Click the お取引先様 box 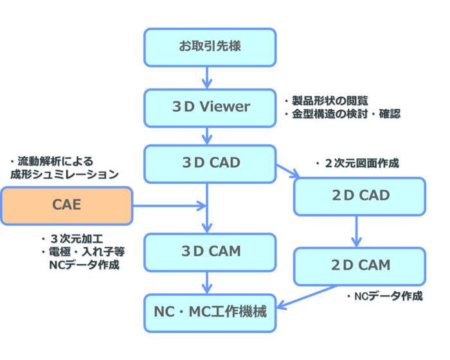tap(210, 47)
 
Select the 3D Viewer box tap(210, 107)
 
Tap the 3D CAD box tap(210, 163)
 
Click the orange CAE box tap(66, 206)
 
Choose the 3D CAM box tap(210, 251)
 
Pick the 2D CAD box tap(360, 195)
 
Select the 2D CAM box tap(360, 265)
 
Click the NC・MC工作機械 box tap(210, 312)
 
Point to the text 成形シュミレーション tap(64, 174)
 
